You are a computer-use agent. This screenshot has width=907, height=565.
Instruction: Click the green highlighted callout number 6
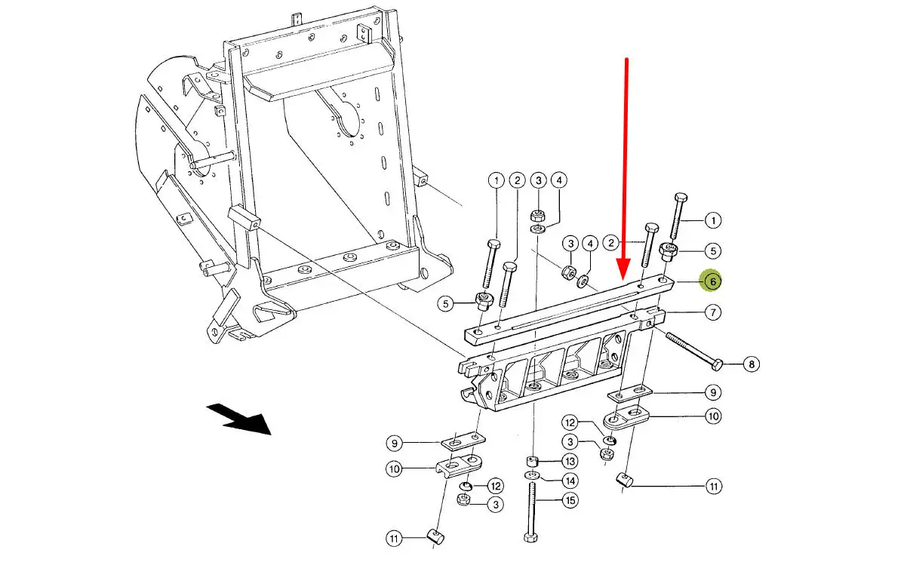click(x=711, y=281)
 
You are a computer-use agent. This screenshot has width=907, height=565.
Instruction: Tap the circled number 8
click(x=750, y=365)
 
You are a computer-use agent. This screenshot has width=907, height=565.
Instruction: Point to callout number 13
click(x=569, y=461)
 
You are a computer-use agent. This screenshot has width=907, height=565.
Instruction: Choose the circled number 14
click(x=569, y=481)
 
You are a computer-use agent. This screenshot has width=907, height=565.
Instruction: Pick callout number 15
click(x=569, y=500)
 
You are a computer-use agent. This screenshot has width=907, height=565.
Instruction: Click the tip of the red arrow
click(x=624, y=276)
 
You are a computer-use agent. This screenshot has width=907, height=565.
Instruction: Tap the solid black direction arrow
click(x=240, y=419)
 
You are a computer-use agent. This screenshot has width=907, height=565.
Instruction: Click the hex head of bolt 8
click(x=718, y=366)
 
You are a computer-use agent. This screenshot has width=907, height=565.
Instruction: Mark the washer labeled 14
click(x=532, y=476)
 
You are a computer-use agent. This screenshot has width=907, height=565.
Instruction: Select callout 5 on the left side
click(x=447, y=304)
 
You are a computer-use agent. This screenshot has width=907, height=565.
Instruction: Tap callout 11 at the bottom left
click(x=394, y=539)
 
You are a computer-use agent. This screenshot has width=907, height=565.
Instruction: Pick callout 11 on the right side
click(x=713, y=487)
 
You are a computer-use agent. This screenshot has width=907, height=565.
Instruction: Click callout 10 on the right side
click(x=712, y=416)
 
